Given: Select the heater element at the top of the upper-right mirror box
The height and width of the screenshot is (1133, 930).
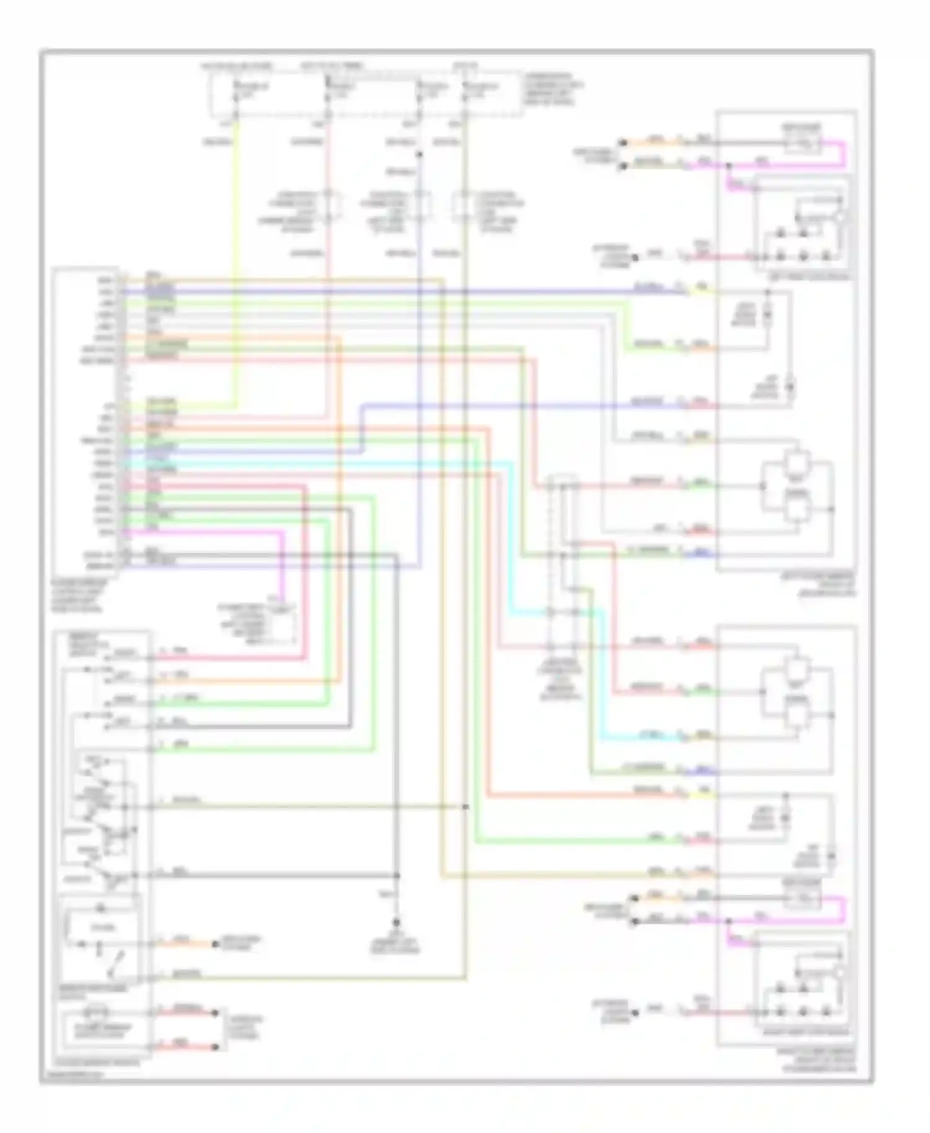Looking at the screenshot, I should point(804,146).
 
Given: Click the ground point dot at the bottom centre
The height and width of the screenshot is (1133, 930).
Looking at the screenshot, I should point(397,922).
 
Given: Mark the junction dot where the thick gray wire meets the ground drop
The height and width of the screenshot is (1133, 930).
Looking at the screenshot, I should point(397,875).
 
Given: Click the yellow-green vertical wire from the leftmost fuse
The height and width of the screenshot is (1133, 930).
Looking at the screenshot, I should point(236,248).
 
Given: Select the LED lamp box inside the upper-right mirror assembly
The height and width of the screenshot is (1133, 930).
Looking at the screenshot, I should point(802,226).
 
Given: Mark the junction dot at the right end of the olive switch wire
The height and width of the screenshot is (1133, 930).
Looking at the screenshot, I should point(466,807).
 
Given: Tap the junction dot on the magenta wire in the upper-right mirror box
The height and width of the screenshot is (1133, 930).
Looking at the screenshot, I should point(728,165).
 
